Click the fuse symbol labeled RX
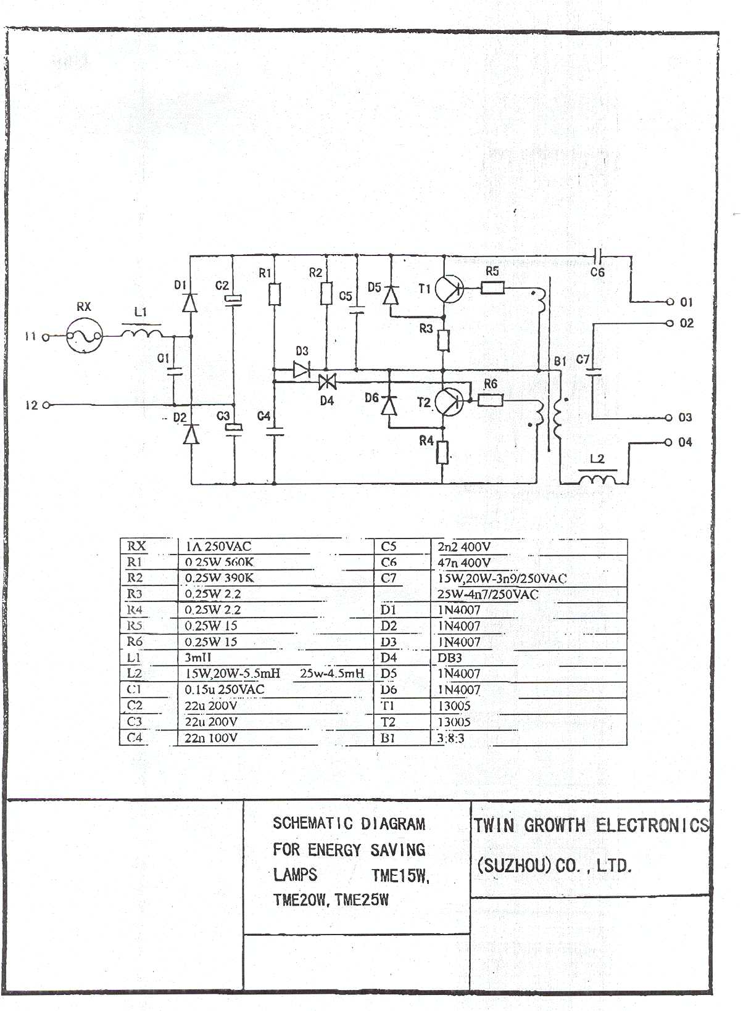pos(84,336)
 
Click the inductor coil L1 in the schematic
pos(141,334)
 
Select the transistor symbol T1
pos(449,288)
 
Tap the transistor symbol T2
pos(449,402)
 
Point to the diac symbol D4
pos(326,382)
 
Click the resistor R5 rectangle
pos(492,287)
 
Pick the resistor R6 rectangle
pos(491,400)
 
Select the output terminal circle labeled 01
pos(669,302)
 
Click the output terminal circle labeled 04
pos(668,442)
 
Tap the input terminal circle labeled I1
pos(45,337)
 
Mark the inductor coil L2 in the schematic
pos(597,478)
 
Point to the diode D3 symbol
pos(302,369)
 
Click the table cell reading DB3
pos(450,658)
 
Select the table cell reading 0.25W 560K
pos(219,562)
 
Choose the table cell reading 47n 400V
pos(464,562)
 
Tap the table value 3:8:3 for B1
pos(450,738)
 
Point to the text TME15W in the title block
pos(400,875)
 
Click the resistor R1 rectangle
pos(275,294)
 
